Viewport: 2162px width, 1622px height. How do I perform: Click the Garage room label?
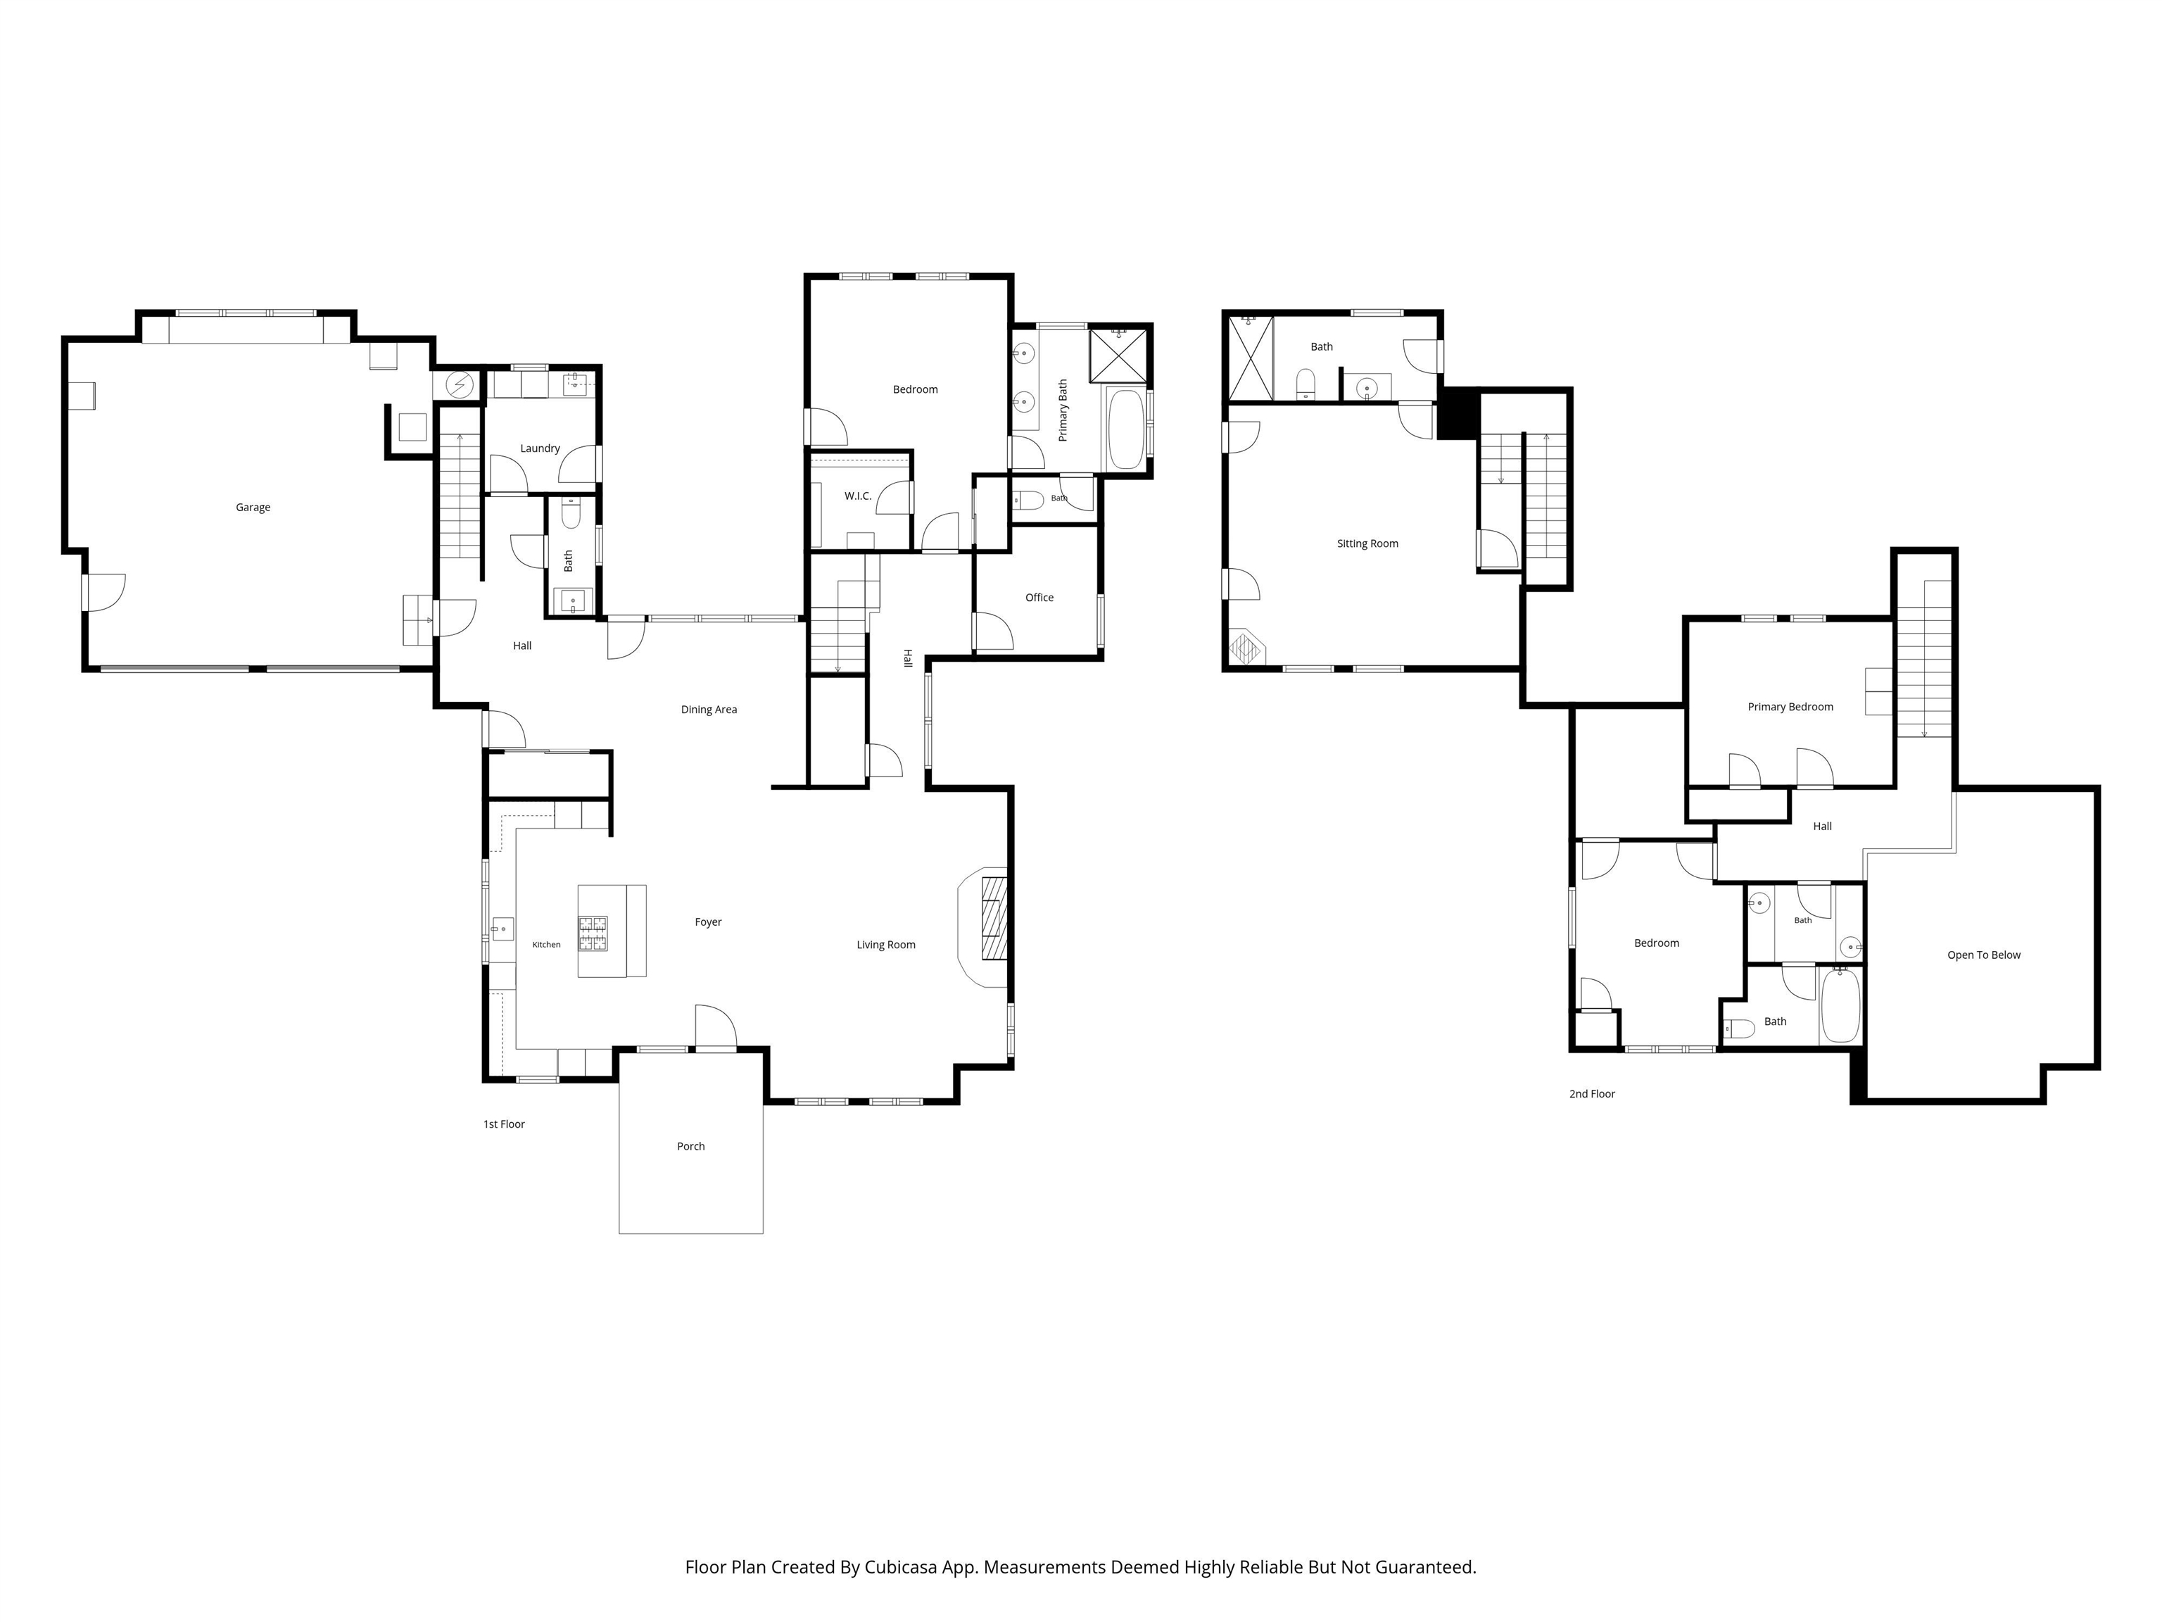coord(253,508)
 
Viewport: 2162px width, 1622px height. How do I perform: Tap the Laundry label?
coord(540,448)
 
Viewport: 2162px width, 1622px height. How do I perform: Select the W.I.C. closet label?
coord(858,497)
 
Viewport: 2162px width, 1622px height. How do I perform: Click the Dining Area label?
coord(709,710)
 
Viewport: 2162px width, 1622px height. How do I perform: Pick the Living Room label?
coord(885,945)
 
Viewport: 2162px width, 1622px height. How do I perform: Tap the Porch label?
coord(691,1146)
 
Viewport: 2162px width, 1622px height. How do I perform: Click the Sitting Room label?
coord(1367,543)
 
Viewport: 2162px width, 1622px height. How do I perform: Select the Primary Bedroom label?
coord(1790,707)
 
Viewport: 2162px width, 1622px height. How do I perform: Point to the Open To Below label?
coord(1984,955)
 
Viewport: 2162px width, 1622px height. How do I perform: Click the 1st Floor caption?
coord(505,1124)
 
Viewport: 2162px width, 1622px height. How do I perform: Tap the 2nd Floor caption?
coord(1592,1094)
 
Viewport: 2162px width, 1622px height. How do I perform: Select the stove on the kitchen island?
coord(593,933)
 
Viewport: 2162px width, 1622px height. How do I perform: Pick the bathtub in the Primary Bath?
coord(1126,430)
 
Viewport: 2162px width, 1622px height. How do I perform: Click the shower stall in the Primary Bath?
coord(1118,355)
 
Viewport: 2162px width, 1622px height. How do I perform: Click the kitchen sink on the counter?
coord(502,929)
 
